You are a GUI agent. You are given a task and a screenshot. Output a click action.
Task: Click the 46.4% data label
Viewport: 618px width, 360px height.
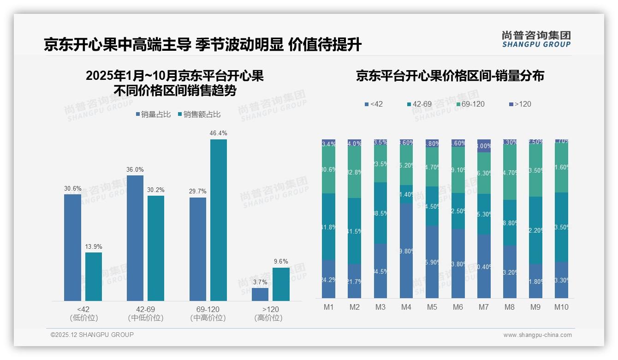tap(218, 133)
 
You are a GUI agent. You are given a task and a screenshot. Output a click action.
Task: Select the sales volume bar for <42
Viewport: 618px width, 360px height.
tap(72, 247)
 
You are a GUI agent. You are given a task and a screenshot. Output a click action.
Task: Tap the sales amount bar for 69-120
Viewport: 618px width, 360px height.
tap(218, 220)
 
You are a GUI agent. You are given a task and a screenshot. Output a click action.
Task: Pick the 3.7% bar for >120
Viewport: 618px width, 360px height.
tap(260, 294)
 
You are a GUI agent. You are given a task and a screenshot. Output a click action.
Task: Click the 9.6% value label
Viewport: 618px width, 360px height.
tap(281, 262)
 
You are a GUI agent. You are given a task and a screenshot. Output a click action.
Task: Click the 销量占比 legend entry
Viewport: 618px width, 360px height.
tap(153, 114)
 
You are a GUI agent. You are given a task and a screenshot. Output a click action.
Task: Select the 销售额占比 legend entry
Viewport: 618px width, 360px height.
tap(199, 114)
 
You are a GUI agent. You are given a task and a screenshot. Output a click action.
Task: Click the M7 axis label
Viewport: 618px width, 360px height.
tap(484, 307)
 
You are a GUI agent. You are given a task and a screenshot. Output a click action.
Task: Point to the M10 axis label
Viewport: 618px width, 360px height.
tap(561, 307)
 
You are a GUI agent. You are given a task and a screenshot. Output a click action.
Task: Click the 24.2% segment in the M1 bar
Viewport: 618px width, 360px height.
tap(329, 279)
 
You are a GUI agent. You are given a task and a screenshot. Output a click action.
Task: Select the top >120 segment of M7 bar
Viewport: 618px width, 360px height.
tap(484, 145)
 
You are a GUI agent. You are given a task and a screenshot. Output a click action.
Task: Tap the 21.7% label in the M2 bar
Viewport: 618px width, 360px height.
tap(355, 282)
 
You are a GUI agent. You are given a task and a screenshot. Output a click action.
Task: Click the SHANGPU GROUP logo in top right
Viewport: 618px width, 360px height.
tap(536, 39)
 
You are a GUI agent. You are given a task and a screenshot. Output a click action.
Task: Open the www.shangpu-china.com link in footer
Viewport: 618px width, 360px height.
tap(537, 335)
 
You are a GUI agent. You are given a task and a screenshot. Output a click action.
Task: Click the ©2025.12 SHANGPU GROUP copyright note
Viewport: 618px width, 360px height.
tap(92, 335)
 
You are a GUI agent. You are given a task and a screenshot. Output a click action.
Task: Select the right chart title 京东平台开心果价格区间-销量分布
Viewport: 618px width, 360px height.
tap(450, 76)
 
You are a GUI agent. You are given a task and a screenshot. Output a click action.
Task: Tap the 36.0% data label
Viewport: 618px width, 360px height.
tap(135, 169)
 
